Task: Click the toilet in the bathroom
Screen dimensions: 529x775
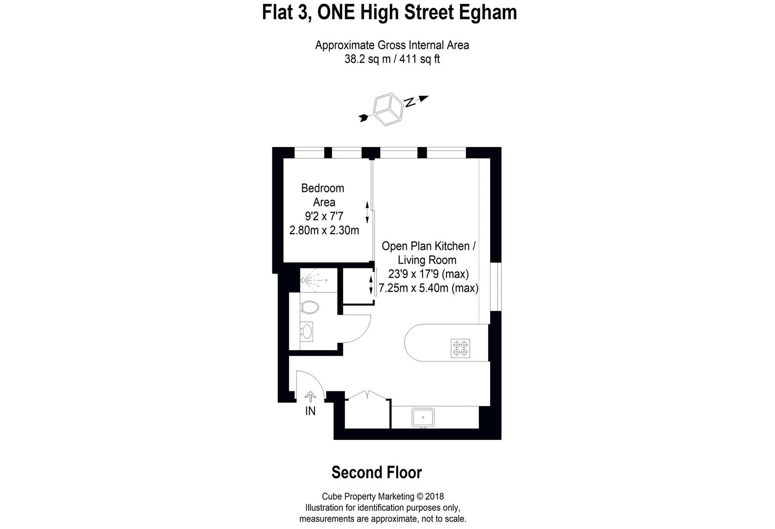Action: click(309, 308)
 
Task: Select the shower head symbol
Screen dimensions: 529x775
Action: click(305, 280)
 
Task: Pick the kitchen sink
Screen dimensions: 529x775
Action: click(423, 417)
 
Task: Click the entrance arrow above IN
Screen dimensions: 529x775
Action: click(310, 396)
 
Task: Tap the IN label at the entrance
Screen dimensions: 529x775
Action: click(310, 411)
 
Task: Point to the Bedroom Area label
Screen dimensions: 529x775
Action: click(323, 195)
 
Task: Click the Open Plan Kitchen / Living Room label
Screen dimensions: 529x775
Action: click(428, 253)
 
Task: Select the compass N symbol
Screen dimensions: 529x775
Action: click(410, 102)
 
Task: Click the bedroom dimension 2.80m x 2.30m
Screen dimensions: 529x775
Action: click(324, 230)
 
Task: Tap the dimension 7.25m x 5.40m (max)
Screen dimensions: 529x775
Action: click(428, 289)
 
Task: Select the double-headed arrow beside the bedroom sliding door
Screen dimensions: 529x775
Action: click(367, 212)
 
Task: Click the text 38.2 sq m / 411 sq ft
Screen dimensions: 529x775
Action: click(392, 60)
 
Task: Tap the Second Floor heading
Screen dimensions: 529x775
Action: click(376, 473)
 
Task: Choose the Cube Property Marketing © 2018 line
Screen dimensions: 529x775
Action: click(382, 497)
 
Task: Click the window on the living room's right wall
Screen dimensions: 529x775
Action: click(496, 287)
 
